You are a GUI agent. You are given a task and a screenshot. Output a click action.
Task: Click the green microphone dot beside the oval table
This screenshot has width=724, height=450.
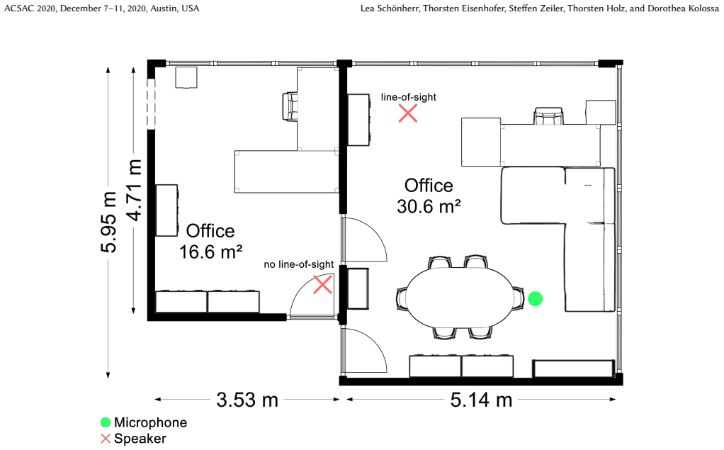(x=535, y=299)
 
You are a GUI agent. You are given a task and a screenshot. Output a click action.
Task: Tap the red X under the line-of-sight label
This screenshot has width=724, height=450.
(x=408, y=113)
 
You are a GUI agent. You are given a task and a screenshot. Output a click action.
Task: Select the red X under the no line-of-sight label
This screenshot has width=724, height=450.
(x=323, y=285)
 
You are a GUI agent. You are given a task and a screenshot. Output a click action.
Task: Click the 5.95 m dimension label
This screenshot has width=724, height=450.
(x=109, y=223)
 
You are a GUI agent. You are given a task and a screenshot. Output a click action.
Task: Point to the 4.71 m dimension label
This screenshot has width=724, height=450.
(x=134, y=190)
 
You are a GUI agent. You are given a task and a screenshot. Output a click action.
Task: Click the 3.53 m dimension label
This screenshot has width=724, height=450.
(x=247, y=400)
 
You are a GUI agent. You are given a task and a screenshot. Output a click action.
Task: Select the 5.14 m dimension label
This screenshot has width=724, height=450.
(x=482, y=400)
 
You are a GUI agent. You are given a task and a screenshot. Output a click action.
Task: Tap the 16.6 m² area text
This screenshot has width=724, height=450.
(x=210, y=252)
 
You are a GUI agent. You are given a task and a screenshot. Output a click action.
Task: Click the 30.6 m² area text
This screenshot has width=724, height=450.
(x=429, y=206)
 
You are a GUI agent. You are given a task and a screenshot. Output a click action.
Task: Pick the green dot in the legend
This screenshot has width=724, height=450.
(x=106, y=422)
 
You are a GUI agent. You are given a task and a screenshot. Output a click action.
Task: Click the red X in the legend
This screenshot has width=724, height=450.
(x=106, y=439)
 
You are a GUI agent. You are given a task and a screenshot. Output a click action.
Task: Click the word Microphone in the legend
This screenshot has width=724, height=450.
(x=150, y=422)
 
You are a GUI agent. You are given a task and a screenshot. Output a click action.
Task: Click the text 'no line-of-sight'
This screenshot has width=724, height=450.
(x=299, y=264)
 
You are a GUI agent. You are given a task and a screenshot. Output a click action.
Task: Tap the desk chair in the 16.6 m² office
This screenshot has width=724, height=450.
(x=290, y=106)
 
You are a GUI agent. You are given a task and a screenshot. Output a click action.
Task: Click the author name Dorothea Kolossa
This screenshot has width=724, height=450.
(x=683, y=9)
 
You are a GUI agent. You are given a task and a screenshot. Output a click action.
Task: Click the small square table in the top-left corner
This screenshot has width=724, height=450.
(x=186, y=77)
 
